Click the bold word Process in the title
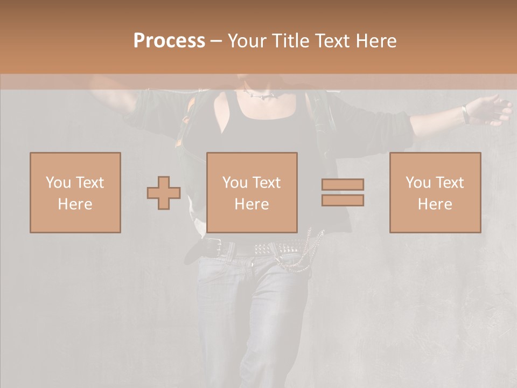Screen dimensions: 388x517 coord(169,41)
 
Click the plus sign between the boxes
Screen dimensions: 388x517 coord(164,193)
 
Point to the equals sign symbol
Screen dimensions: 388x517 coord(343,192)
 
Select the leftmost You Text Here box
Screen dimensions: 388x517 coord(75,192)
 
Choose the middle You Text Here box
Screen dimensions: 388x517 coord(252,192)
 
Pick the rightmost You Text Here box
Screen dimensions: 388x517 coord(435,192)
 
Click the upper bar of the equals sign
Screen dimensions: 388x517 coord(343,184)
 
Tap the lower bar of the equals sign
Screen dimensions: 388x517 coord(343,200)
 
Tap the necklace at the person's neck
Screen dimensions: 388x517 coord(261,96)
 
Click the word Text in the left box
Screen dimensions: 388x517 coord(89,182)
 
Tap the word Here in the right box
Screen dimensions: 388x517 coord(435,204)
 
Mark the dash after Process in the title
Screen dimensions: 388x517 coord(216,41)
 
